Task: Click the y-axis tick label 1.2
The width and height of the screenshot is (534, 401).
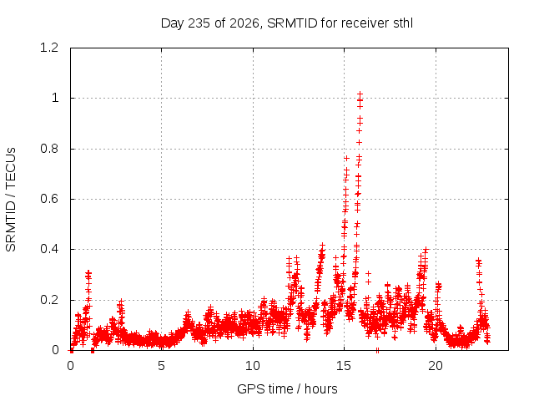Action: pyautogui.click(x=49, y=48)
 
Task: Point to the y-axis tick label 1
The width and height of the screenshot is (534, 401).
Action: pyautogui.click(x=55, y=99)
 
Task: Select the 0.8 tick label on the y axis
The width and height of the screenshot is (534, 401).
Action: pyautogui.click(x=49, y=149)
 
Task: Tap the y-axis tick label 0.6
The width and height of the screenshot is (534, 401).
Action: pyautogui.click(x=49, y=199)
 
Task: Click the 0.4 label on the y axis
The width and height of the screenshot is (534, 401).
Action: pyautogui.click(x=49, y=249)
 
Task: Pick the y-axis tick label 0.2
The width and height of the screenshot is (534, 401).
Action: pyautogui.click(x=49, y=300)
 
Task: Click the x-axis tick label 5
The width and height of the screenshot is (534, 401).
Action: pyautogui.click(x=161, y=366)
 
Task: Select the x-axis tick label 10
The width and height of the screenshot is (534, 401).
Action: pyautogui.click(x=253, y=366)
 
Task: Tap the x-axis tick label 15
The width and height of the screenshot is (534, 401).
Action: pyautogui.click(x=344, y=366)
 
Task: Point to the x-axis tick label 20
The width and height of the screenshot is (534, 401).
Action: pyautogui.click(x=436, y=366)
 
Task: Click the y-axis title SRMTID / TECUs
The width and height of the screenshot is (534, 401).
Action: pyautogui.click(x=11, y=200)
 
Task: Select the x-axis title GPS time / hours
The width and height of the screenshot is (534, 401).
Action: pyautogui.click(x=287, y=389)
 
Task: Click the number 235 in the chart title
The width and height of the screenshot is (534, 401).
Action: pyautogui.click(x=199, y=23)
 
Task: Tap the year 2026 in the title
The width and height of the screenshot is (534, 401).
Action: pyautogui.click(x=244, y=23)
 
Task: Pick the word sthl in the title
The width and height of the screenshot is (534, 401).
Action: pyautogui.click(x=403, y=23)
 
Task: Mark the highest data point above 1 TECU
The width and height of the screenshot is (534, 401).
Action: pyautogui.click(x=360, y=93)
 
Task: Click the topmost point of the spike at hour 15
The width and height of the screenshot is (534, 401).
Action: pyautogui.click(x=346, y=158)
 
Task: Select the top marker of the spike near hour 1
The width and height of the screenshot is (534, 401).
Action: pyautogui.click(x=88, y=273)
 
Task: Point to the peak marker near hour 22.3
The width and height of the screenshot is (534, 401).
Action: pyautogui.click(x=478, y=261)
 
